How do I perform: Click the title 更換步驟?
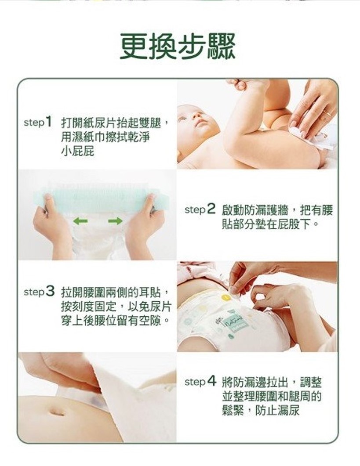pos(178,47)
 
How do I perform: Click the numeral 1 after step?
pos(49,122)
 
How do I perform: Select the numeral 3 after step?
pos(50,291)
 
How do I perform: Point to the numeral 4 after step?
pos(211,381)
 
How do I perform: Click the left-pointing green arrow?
pos(80,221)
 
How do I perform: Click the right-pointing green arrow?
pos(115,221)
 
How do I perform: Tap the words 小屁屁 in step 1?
pos(78,151)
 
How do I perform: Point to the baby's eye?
pos(182,119)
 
